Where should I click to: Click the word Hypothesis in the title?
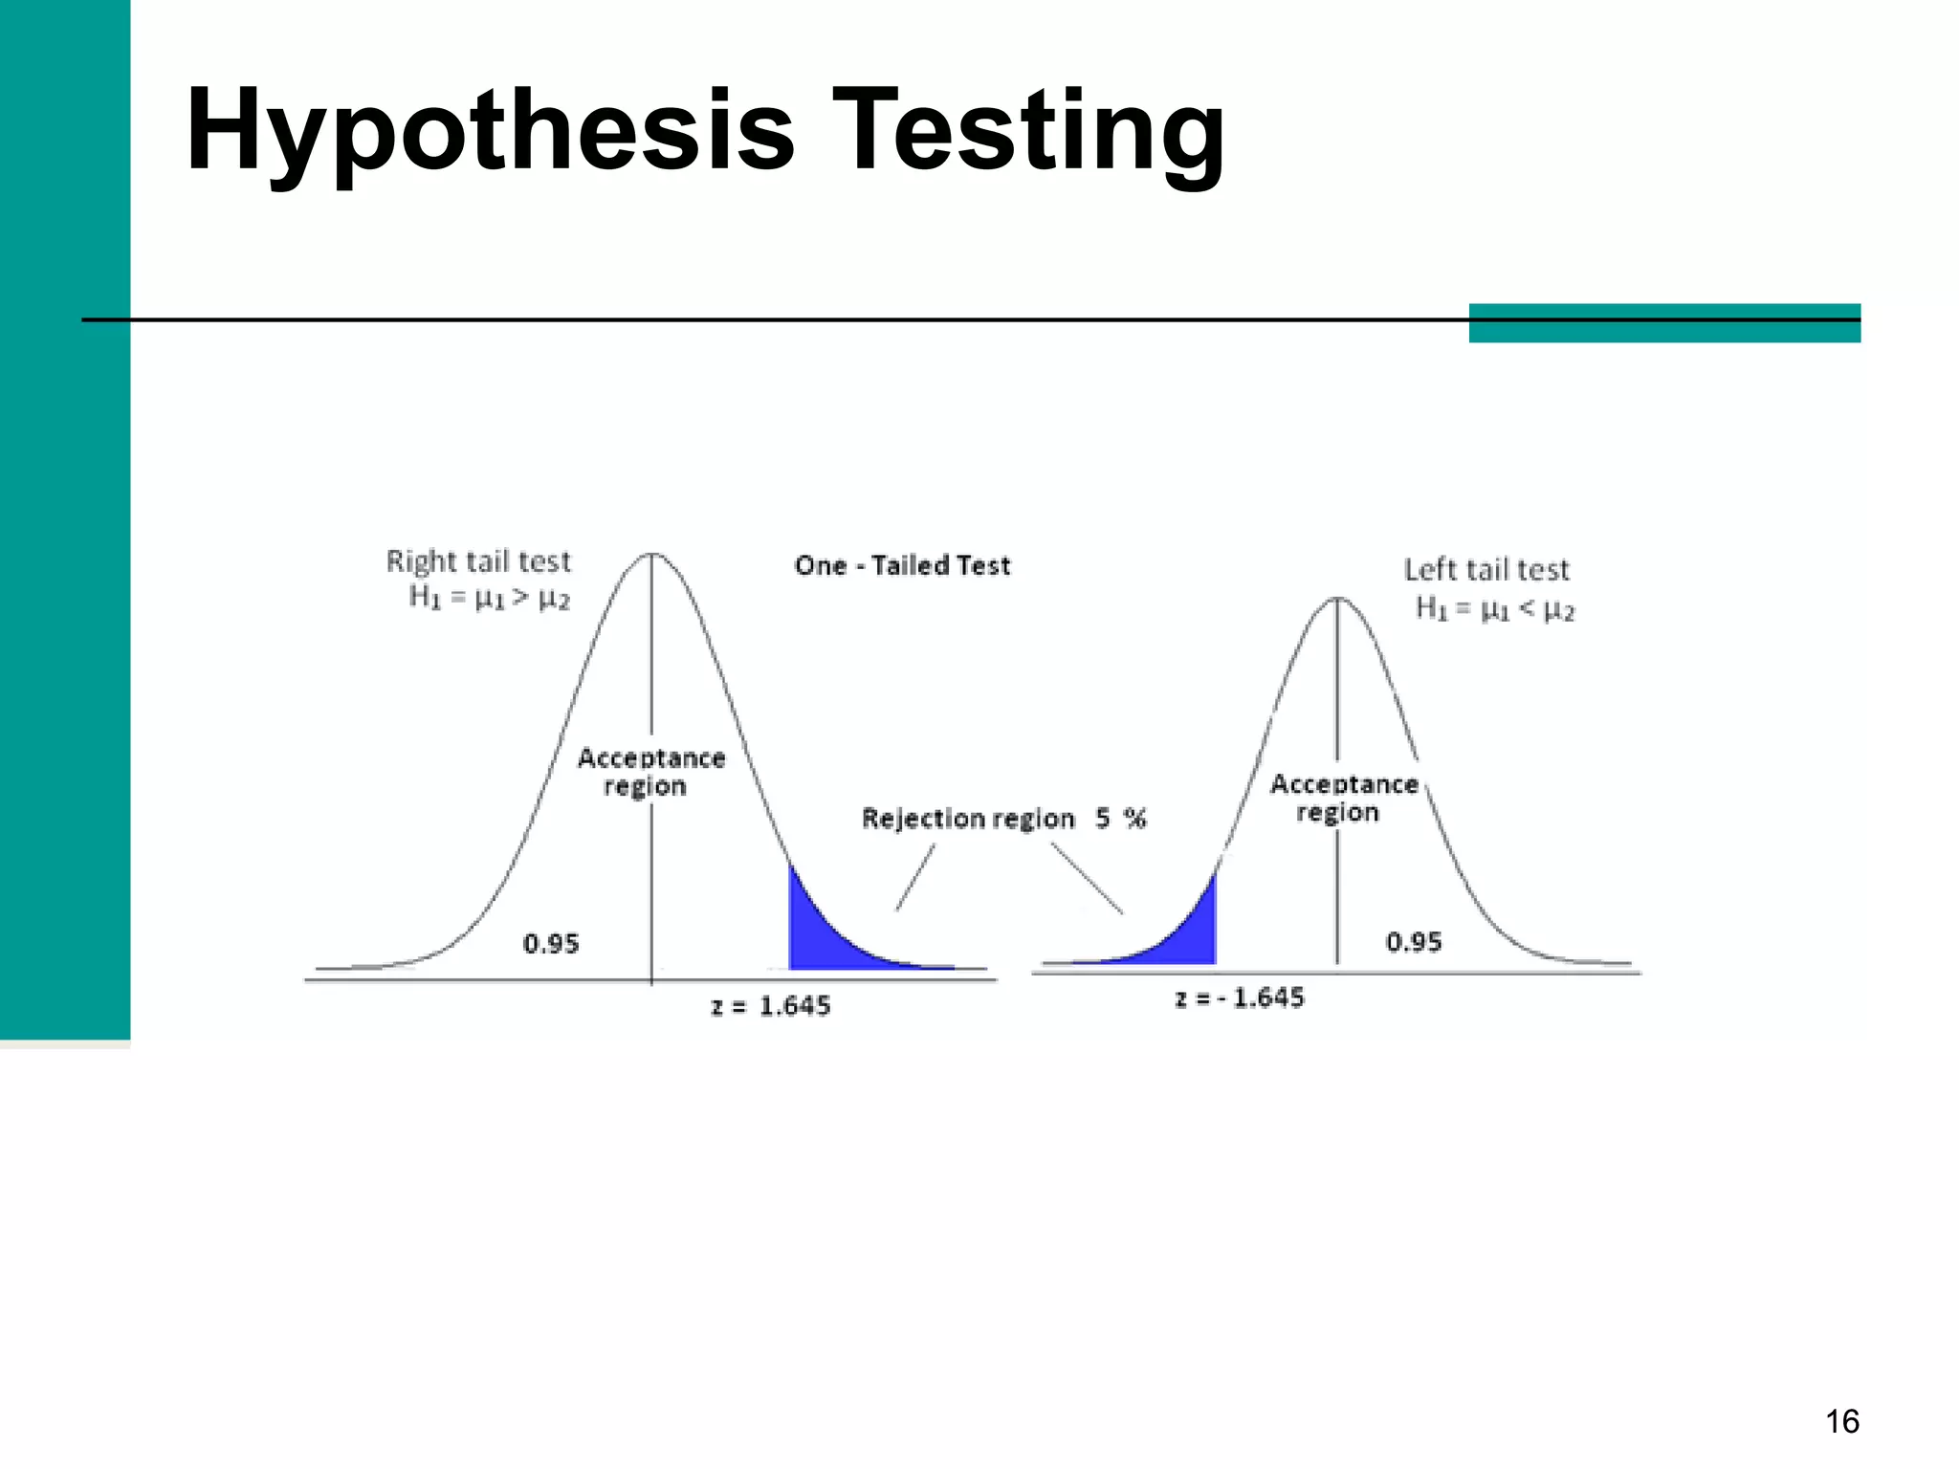click(490, 130)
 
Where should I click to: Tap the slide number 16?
click(1841, 1421)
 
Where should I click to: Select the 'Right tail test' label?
click(478, 561)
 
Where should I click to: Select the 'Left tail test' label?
click(1486, 570)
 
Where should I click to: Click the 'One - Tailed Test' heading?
click(902, 566)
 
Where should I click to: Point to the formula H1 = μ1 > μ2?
click(489, 599)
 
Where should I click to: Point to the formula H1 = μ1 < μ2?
click(1494, 609)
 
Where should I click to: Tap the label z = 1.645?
click(771, 1006)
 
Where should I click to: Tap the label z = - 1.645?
click(1240, 998)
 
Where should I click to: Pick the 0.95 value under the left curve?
click(551, 944)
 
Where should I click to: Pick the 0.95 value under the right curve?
click(1414, 942)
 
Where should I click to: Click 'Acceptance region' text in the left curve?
click(650, 772)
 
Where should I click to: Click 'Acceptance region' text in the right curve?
click(1343, 798)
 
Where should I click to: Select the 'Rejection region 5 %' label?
click(1003, 819)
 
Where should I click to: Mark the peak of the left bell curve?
click(651, 555)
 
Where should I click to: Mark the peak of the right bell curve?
click(1337, 600)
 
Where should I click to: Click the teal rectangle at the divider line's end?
click(1664, 323)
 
